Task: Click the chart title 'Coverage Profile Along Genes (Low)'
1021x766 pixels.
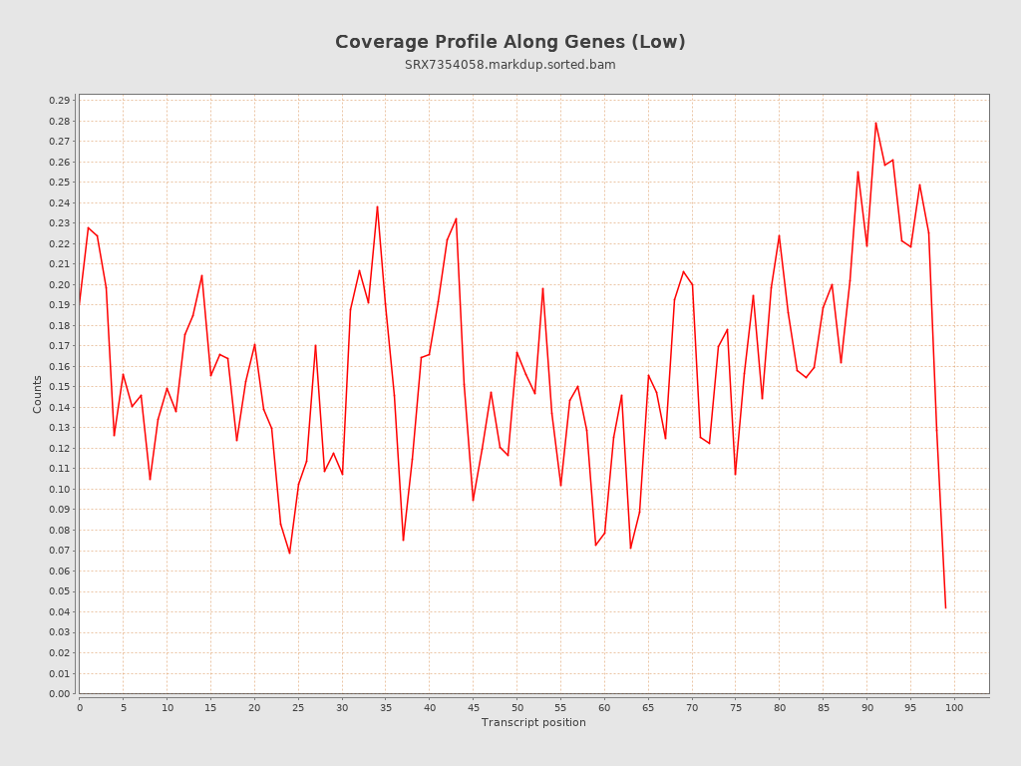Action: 510,42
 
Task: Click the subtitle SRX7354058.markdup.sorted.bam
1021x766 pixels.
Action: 510,65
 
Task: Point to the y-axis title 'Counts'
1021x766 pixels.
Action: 38,394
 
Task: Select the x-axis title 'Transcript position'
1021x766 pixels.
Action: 533,722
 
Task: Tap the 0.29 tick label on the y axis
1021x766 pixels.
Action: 59,101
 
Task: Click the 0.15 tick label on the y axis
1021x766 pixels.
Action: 59,387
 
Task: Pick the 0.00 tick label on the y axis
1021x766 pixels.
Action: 59,693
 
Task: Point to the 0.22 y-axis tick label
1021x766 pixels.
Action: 59,243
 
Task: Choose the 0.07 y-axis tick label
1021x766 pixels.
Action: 59,551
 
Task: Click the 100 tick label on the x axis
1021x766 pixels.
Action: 954,707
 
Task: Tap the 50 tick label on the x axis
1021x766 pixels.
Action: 516,707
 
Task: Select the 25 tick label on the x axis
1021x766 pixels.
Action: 298,707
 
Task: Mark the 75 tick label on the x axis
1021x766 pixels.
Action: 736,707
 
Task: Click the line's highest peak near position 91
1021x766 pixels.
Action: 875,123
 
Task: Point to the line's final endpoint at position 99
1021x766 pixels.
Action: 945,607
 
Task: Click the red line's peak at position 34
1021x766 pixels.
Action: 377,206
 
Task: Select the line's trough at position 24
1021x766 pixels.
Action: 289,553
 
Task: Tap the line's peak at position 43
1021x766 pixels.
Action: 456,218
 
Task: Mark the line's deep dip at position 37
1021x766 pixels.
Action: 403,541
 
